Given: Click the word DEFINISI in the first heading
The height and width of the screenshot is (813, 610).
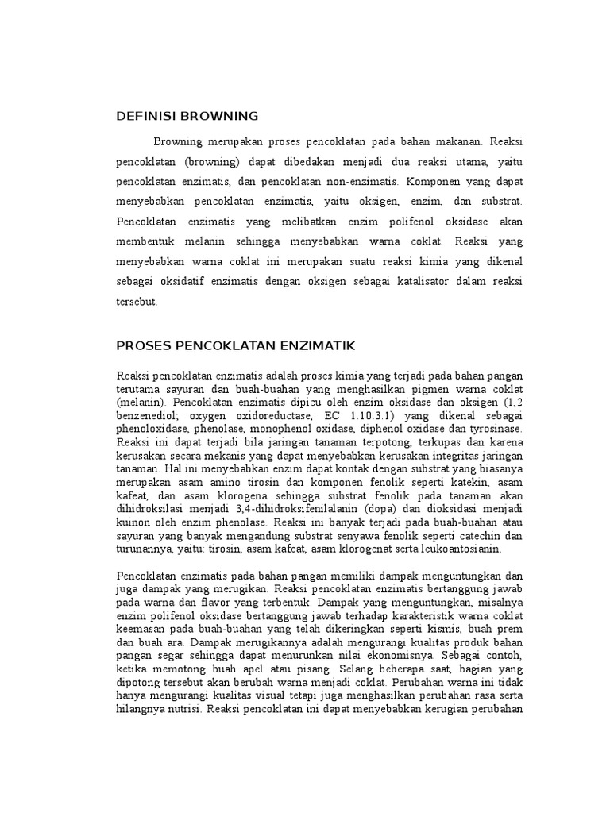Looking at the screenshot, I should (146, 116).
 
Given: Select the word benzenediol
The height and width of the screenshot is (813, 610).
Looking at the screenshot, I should (148, 415).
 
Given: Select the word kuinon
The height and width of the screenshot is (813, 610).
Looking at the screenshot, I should (133, 523).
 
